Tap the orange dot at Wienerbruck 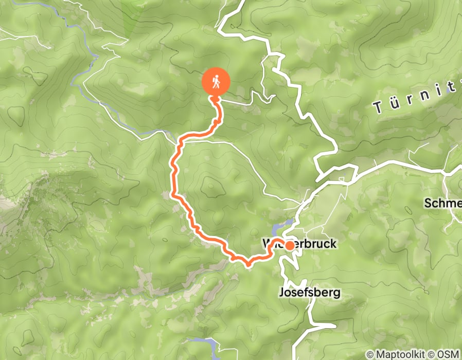[x=290, y=246]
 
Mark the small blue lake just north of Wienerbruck [x=282, y=226]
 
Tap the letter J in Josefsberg [x=281, y=293]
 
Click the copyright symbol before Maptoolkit [x=370, y=354]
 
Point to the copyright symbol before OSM [x=434, y=354]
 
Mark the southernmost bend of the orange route [x=248, y=264]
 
